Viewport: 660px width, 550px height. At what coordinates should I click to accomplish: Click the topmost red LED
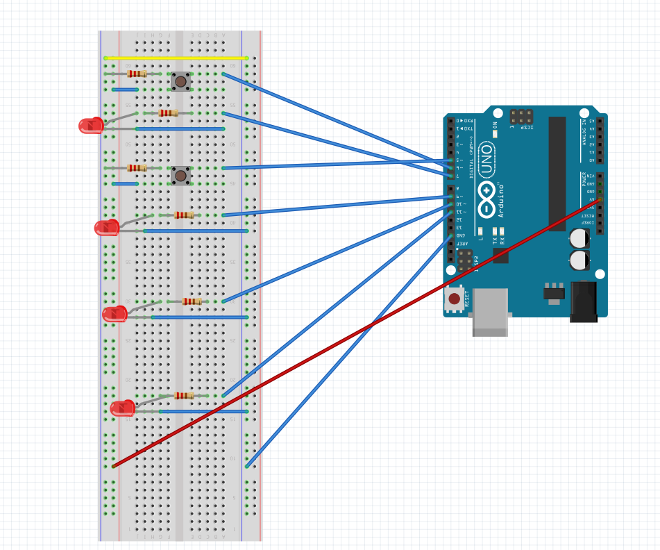(x=91, y=126)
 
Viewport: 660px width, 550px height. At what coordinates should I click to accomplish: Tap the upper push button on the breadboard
(x=180, y=82)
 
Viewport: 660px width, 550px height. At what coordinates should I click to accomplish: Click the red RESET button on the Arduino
(x=454, y=299)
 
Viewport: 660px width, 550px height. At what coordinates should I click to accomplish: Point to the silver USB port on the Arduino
(x=490, y=312)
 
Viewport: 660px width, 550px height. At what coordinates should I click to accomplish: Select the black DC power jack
(x=583, y=301)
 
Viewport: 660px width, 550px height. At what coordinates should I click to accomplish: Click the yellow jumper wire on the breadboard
(x=175, y=58)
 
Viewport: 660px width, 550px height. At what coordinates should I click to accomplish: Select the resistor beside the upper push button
(x=137, y=74)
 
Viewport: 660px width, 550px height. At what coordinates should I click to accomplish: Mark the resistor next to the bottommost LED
(x=184, y=396)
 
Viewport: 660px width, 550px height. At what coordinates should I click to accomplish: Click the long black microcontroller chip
(x=557, y=174)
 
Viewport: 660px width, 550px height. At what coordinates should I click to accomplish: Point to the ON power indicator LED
(x=495, y=135)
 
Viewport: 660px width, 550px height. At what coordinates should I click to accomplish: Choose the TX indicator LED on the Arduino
(x=495, y=231)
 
